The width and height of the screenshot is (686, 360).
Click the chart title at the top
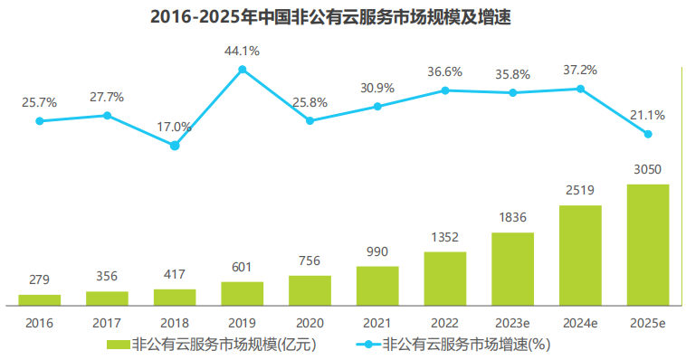(x=343, y=17)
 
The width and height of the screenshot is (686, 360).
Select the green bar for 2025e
(x=647, y=244)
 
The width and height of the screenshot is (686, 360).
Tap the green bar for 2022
(x=444, y=278)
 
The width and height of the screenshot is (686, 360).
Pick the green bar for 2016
(x=40, y=298)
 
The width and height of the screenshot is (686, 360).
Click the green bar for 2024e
(x=580, y=254)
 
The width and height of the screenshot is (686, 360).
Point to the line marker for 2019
(x=242, y=70)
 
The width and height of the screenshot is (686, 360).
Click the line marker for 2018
(x=175, y=145)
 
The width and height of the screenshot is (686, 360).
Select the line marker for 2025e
(x=647, y=134)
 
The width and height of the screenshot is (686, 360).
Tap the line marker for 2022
(x=444, y=90)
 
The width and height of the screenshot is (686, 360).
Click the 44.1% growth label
(x=242, y=52)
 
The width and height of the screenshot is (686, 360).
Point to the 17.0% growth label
(x=175, y=127)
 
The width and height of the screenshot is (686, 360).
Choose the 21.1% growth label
(x=647, y=115)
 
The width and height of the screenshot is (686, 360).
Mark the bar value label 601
(x=242, y=269)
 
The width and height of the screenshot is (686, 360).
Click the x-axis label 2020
(x=310, y=323)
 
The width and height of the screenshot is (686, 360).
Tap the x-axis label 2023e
(x=512, y=323)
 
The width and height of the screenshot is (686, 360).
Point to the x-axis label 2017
(x=107, y=323)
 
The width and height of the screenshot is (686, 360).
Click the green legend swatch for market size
(x=118, y=345)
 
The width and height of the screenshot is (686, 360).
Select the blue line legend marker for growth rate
(x=365, y=345)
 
